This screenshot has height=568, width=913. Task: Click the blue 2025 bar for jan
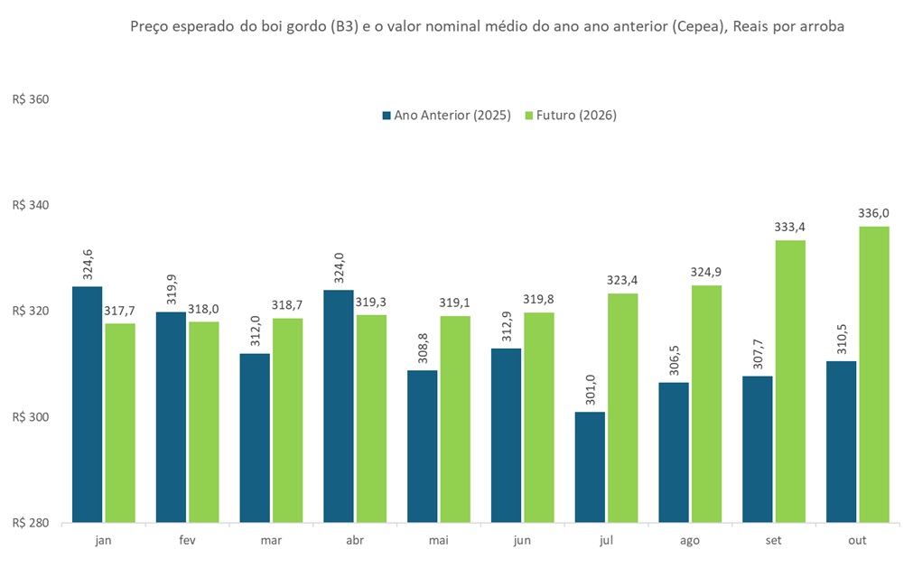(x=88, y=405)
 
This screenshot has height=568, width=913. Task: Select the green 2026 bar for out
(x=873, y=375)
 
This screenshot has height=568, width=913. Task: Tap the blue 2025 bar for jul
(x=590, y=467)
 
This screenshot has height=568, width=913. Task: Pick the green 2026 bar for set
(x=789, y=381)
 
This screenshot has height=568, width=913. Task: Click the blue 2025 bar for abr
(x=339, y=405)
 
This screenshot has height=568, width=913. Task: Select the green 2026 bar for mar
(x=287, y=420)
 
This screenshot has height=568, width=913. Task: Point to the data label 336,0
(x=873, y=213)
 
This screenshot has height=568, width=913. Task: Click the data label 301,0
(x=591, y=390)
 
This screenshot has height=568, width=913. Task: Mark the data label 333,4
(x=789, y=227)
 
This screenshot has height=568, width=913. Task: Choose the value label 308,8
(x=423, y=349)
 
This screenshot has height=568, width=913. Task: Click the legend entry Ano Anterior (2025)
(x=446, y=116)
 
